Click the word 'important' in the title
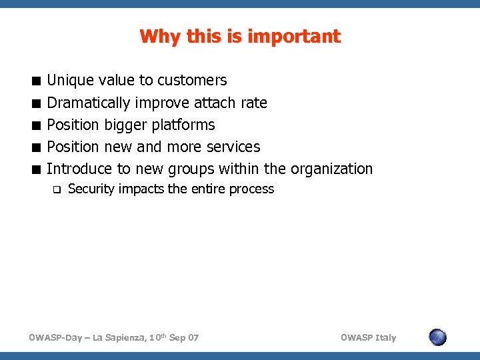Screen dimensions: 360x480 294,36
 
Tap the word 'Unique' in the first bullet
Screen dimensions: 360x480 70,81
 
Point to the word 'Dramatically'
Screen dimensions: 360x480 88,103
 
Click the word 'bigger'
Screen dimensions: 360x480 126,125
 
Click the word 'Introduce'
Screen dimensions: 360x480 79,169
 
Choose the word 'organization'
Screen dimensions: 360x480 331,169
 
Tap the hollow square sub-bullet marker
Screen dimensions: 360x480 57,189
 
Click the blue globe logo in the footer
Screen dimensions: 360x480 437,337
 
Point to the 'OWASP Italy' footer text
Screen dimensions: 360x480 368,337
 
